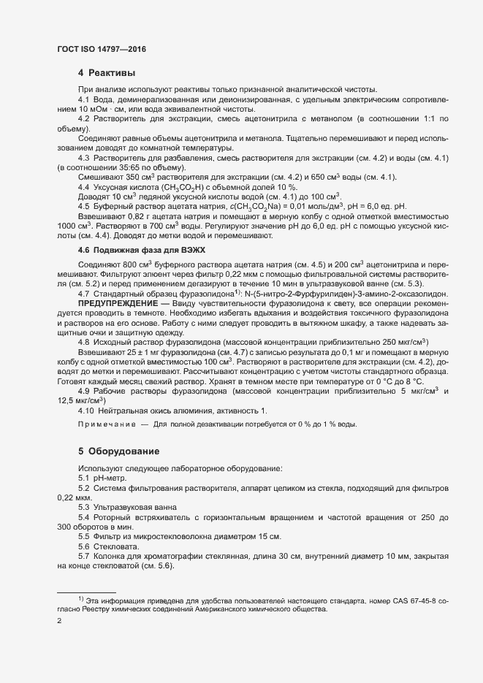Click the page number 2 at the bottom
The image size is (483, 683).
59,621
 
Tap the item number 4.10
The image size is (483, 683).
86,411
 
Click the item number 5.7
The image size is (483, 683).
83,556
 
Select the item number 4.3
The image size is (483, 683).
83,158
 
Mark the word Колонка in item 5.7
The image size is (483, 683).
112,556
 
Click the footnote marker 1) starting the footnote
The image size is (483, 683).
81,599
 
